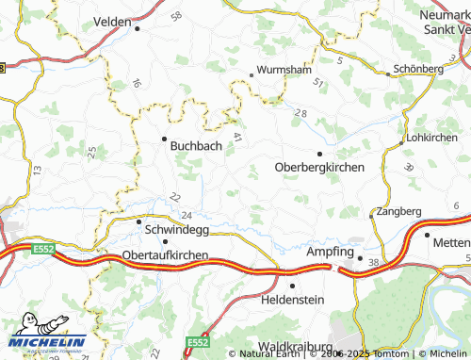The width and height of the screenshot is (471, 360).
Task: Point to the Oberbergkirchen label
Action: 319,167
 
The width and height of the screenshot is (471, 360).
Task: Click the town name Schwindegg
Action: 173,227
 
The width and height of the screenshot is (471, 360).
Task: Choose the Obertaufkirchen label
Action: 166,255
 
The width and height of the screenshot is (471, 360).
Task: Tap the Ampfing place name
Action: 330,254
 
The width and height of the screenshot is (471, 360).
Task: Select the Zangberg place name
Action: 398,211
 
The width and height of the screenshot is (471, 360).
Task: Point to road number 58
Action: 176,17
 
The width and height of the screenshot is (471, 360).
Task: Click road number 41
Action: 237,138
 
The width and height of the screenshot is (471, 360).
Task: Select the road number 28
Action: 300,113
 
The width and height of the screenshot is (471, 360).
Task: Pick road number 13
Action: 36,170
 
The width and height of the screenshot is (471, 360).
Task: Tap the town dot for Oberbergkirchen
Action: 319,153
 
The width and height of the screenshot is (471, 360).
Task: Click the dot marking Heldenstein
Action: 292,284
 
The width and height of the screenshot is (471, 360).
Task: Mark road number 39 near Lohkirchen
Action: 409,167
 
